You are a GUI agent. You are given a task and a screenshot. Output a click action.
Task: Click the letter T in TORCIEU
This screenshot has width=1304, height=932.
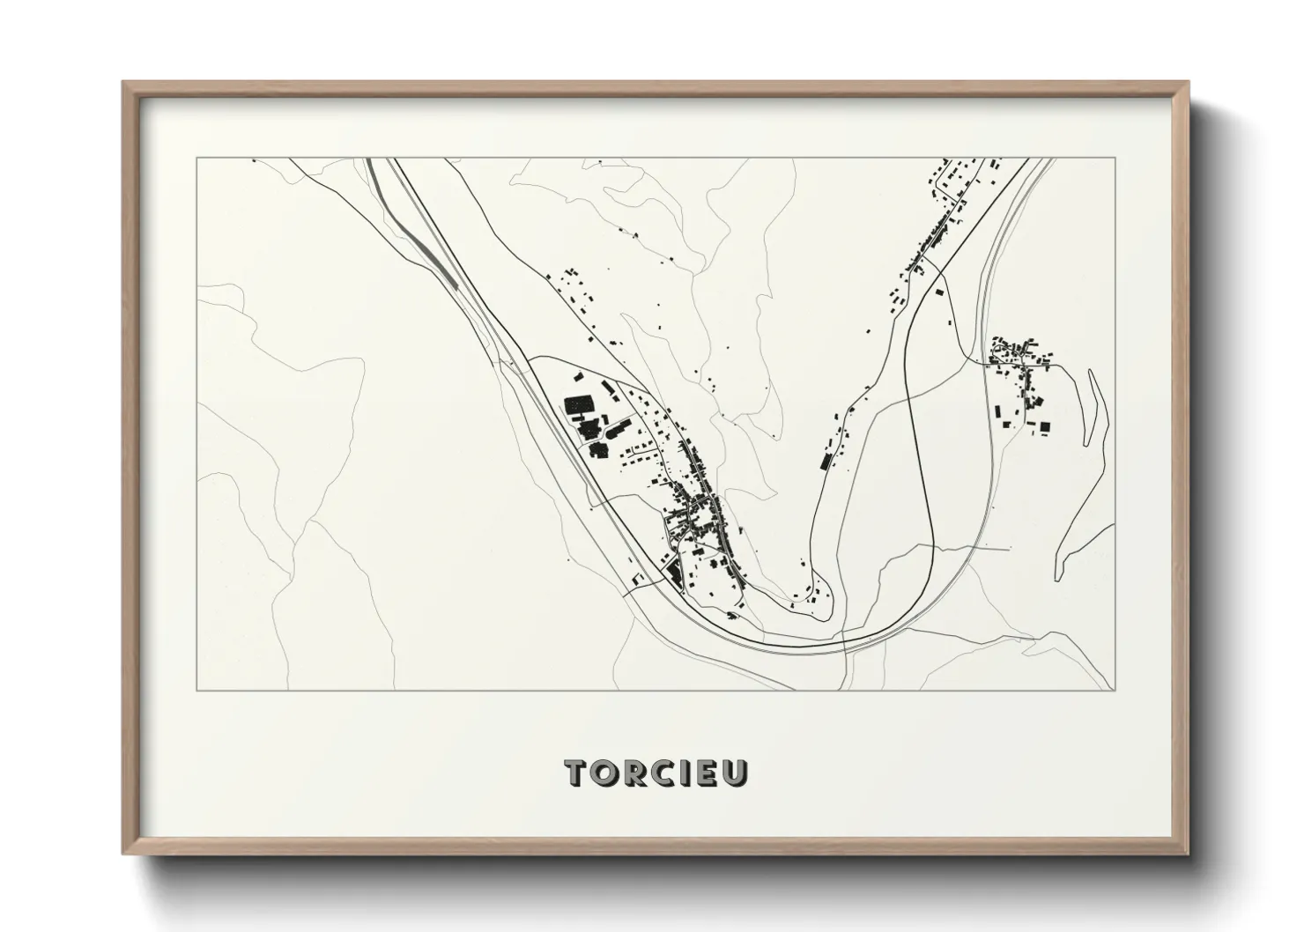point(577,772)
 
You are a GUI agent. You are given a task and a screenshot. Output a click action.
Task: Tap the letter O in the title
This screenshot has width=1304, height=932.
point(607,772)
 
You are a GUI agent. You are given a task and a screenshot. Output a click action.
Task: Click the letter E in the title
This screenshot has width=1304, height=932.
point(707,772)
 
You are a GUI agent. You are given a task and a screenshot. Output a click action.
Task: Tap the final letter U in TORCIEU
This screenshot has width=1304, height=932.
point(736,772)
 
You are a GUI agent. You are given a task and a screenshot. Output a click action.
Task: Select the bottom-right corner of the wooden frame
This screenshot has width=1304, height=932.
point(1188,854)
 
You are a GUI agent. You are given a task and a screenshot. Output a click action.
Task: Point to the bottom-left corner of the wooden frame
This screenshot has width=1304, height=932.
point(123,854)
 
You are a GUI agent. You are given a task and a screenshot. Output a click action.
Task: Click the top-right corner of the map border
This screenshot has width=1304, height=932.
point(1115,159)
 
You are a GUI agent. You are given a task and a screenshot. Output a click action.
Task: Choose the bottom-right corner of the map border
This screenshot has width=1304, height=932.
point(1115,691)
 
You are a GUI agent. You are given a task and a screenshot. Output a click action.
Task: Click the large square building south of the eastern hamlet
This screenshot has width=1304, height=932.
point(1045,427)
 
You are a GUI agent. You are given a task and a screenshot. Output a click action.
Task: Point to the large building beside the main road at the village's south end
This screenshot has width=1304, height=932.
point(675,573)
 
